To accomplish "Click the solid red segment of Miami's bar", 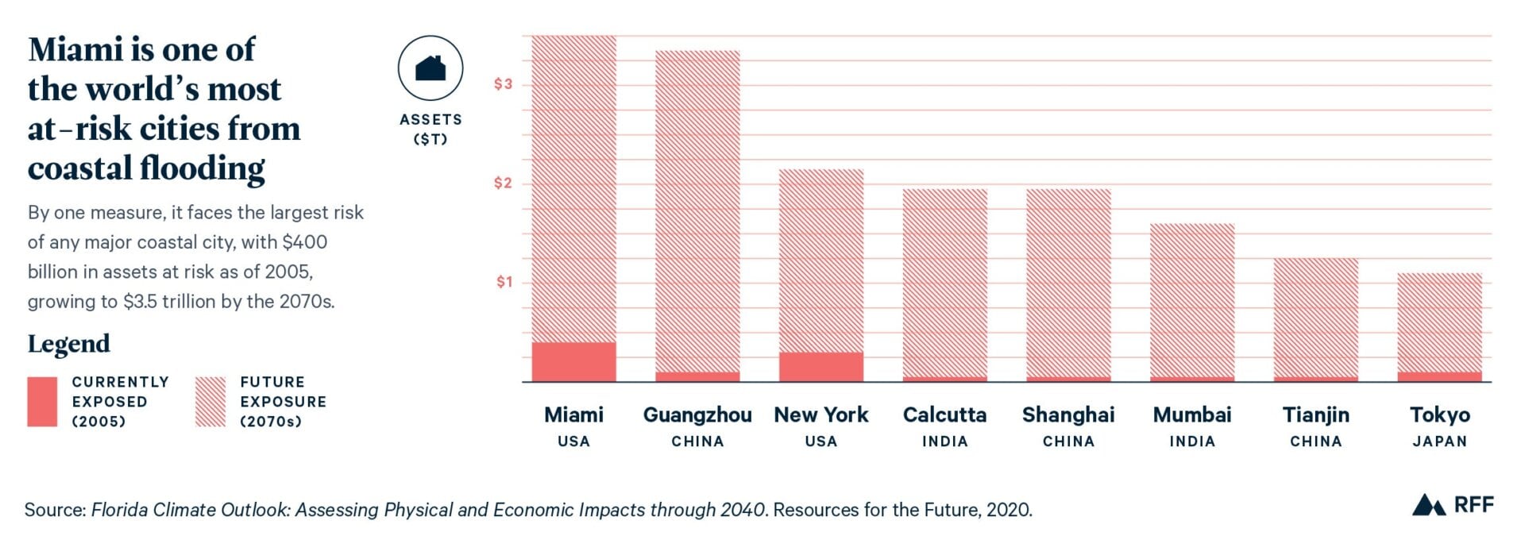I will (x=573, y=361).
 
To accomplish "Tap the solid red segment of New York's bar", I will (x=821, y=366).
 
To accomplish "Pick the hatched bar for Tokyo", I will (x=1439, y=322).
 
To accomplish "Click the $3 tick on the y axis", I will (x=503, y=84).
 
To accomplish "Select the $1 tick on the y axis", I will (x=504, y=282).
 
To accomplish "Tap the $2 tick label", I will (x=503, y=183).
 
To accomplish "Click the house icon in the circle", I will (x=430, y=68).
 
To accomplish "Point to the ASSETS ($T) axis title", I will (x=430, y=129).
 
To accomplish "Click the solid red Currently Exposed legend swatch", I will (x=42, y=401).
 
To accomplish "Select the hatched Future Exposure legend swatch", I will (x=210, y=401).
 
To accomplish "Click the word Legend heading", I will (x=69, y=344).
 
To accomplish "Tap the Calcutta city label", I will (x=944, y=415).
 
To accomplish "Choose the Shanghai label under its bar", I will (x=1067, y=415).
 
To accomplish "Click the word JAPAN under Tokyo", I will (x=1439, y=442).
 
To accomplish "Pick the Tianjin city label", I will (x=1315, y=415).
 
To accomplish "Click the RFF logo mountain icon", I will (x=1427, y=505).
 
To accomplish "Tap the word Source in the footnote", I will (x=54, y=510).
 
